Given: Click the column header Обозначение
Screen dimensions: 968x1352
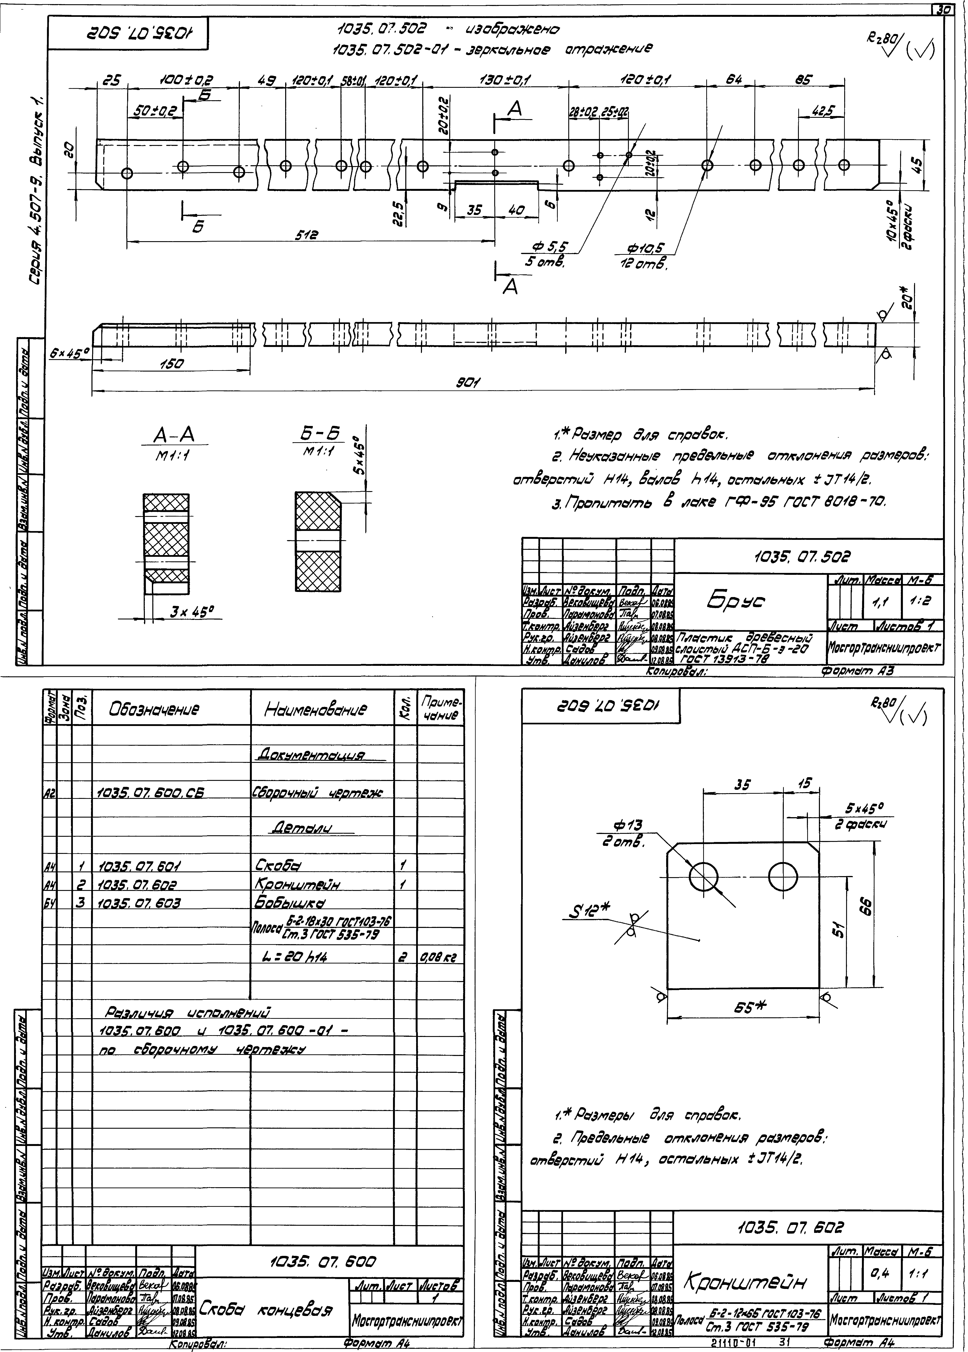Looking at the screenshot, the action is pos(154,709).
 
